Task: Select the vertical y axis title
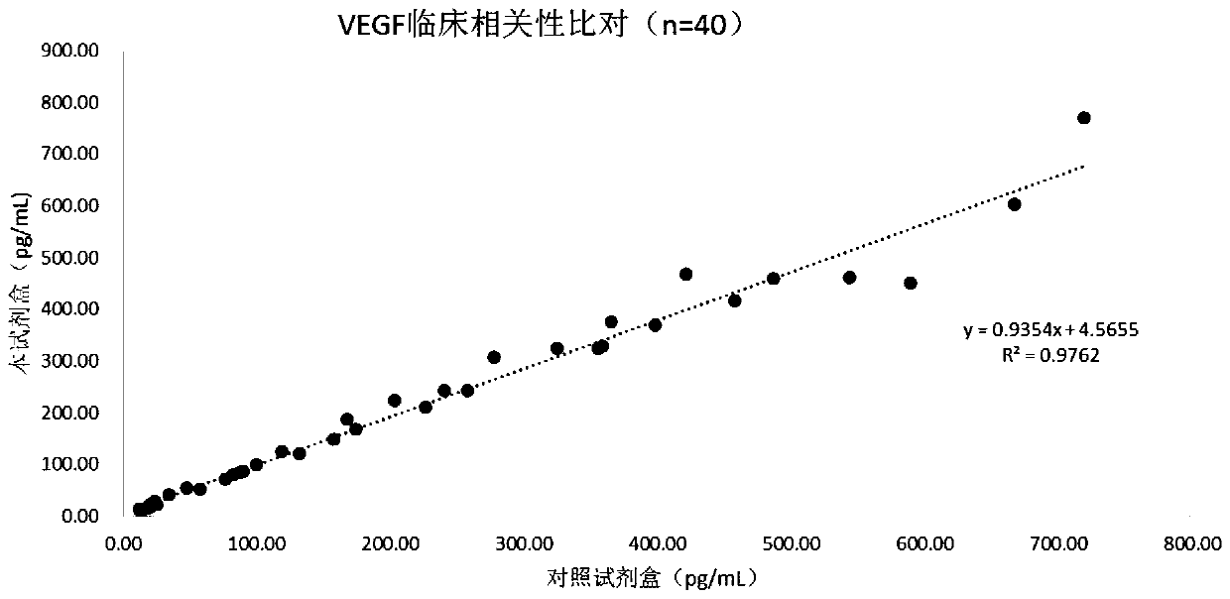click(x=22, y=283)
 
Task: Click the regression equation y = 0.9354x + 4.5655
click(x=1050, y=331)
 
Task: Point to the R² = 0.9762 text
click(x=1050, y=353)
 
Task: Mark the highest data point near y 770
click(x=1083, y=118)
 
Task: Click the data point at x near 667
click(x=1014, y=204)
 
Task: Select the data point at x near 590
click(x=910, y=284)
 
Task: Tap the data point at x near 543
click(x=849, y=278)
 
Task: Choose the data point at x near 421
click(x=685, y=274)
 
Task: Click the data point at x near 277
click(x=493, y=357)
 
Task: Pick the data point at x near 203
click(x=394, y=401)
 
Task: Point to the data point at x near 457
click(x=734, y=300)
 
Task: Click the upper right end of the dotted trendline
click(x=1083, y=166)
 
